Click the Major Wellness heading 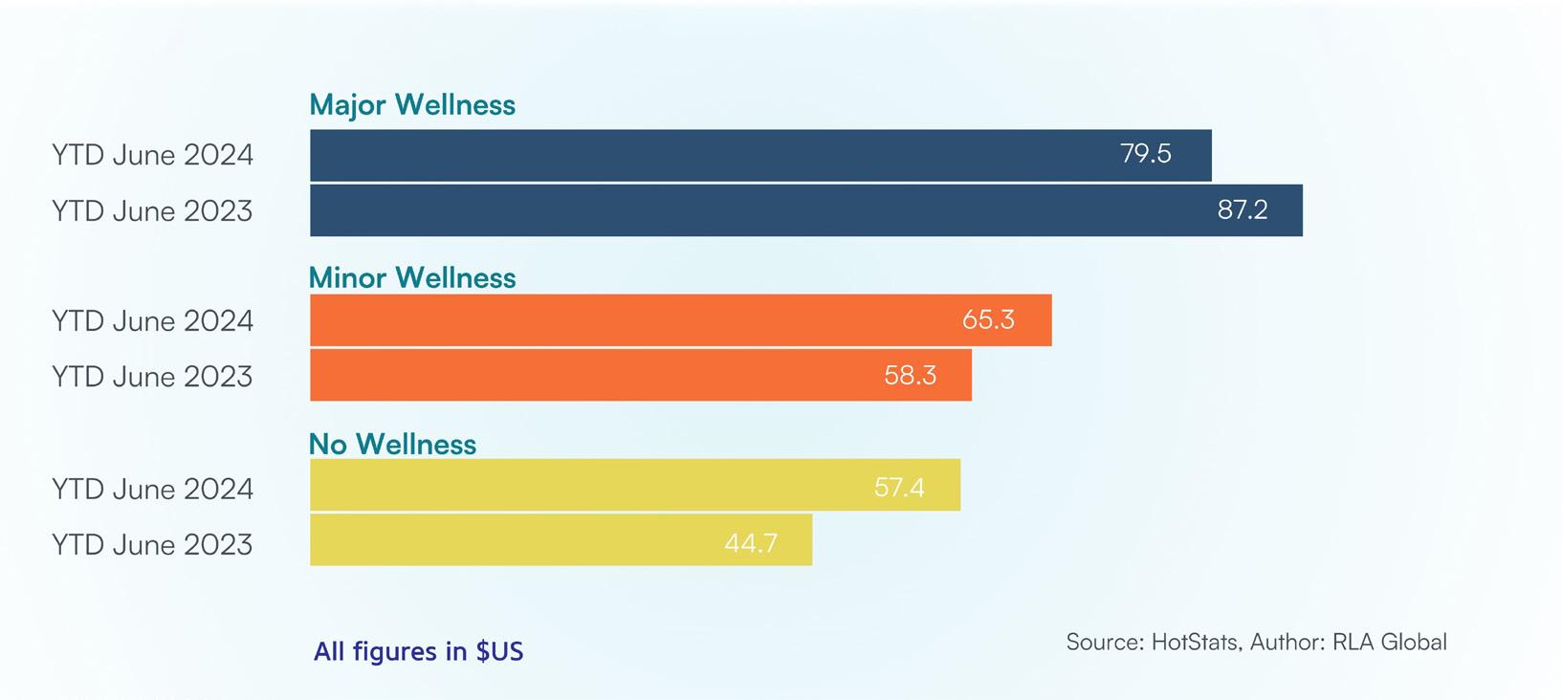pos(412,105)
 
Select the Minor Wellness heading pos(412,277)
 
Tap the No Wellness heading pos(392,444)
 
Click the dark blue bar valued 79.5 pos(760,155)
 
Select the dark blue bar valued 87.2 pos(806,210)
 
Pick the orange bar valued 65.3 pos(681,320)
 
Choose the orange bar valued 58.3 pos(641,375)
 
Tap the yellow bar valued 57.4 pos(635,485)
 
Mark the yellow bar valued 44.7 pos(561,539)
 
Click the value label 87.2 pos(1243,209)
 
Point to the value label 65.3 pos(988,319)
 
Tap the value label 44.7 pos(751,542)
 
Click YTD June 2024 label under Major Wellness pos(152,155)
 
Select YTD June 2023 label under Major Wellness pos(152,210)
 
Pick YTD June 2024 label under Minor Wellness pos(152,320)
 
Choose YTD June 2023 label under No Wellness pos(152,544)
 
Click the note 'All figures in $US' pos(418,651)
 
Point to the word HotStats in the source pos(1197,642)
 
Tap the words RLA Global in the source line pos(1390,642)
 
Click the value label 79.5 pos(1146,153)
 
